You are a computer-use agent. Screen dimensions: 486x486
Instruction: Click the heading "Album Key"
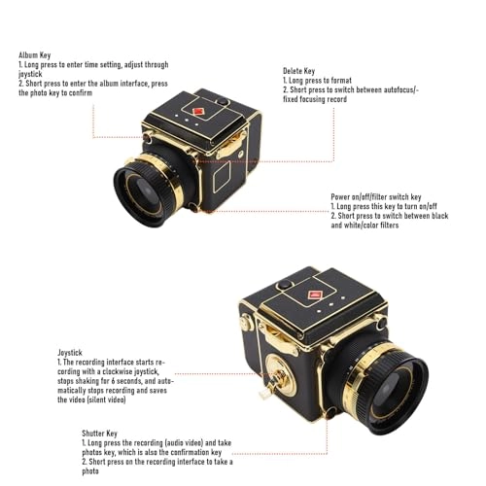(35, 55)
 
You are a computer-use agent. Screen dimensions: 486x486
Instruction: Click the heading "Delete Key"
(298, 71)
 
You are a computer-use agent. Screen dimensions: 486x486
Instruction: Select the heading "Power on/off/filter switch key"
(376, 197)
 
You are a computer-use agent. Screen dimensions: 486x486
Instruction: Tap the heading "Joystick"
(70, 353)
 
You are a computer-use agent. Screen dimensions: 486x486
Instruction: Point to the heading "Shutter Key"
(99, 434)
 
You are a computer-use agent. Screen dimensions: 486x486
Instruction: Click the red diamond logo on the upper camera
(198, 112)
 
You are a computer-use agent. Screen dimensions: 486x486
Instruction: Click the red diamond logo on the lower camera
(315, 295)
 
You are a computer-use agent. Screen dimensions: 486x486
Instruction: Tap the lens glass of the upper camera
(145, 194)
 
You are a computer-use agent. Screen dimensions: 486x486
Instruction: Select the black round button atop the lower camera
(285, 285)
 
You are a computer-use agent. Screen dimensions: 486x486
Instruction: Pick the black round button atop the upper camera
(223, 101)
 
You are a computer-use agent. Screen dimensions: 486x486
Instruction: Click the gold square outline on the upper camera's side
(223, 177)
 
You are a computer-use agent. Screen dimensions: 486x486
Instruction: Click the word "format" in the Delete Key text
(341, 81)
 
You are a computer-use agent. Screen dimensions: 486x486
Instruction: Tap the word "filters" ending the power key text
(390, 226)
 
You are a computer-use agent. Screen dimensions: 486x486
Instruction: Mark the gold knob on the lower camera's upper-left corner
(246, 322)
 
